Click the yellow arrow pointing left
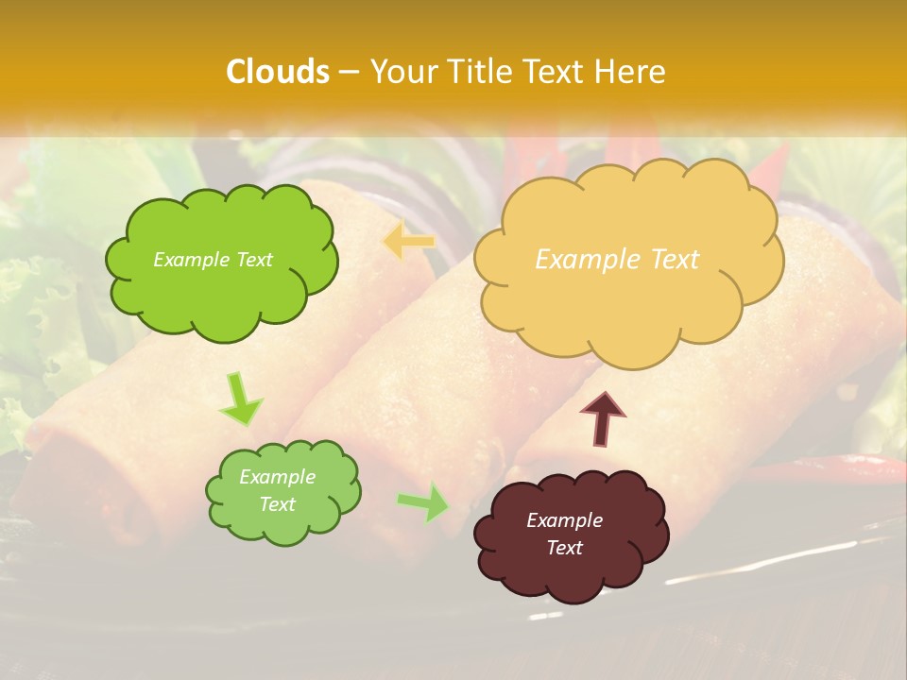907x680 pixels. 408,242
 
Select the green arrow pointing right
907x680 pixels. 424,501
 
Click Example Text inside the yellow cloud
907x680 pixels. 617,260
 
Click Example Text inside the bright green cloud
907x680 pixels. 213,260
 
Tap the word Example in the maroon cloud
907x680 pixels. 564,520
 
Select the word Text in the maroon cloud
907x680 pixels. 564,548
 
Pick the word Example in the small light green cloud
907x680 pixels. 277,477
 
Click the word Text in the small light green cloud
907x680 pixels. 277,504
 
